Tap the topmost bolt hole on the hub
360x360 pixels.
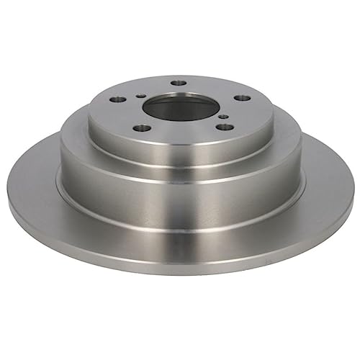(179, 83)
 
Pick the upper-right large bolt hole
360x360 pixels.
(243, 97)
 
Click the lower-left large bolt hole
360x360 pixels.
(143, 127)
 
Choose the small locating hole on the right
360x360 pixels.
(223, 116)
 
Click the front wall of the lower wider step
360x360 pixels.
(180, 202)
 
